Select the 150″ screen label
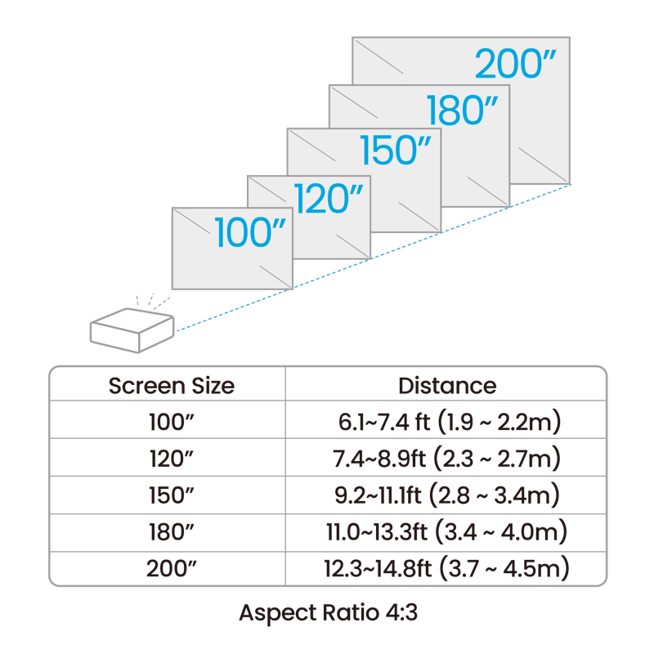396,150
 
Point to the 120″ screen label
328,199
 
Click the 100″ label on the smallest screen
253,232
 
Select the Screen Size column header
171,384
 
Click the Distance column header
446,384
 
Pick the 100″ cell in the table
171,421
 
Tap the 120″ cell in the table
171,459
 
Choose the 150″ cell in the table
171,495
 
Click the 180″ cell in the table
171,532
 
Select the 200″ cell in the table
171,569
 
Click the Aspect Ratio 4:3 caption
328,612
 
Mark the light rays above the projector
154,300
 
